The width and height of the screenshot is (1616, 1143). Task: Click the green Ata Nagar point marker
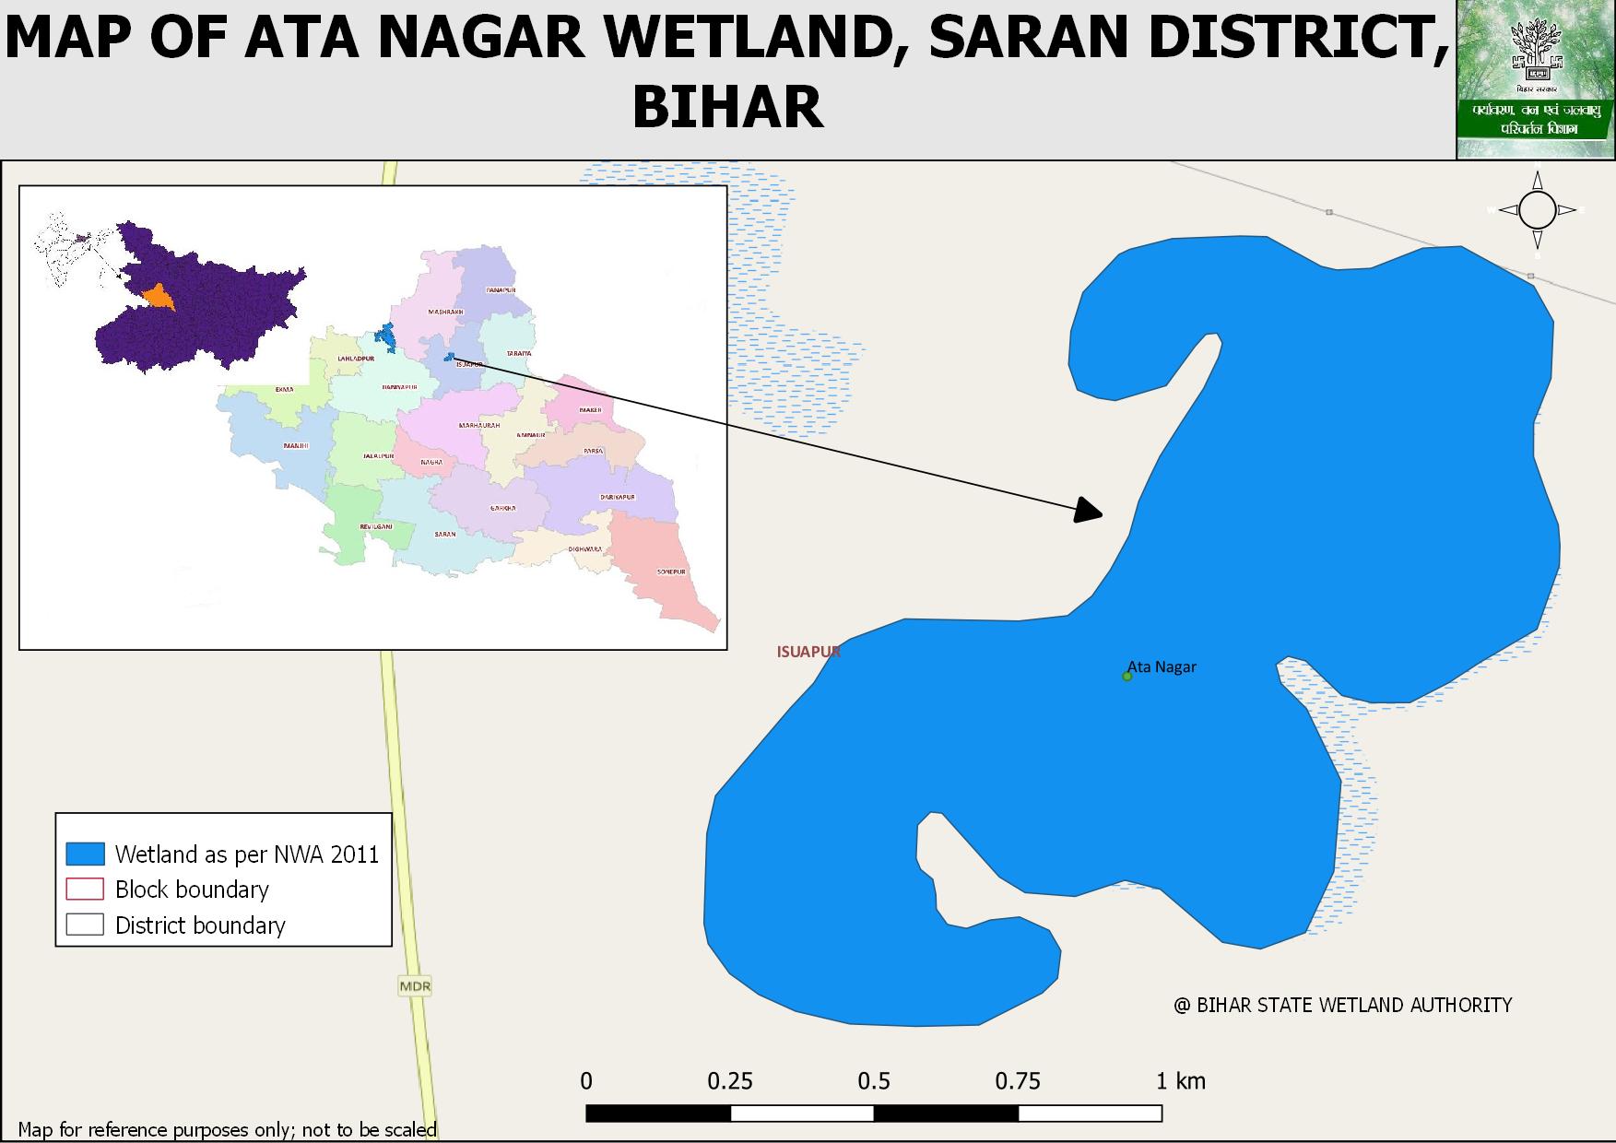[x=1126, y=677]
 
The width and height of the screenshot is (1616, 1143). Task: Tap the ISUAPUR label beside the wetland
[x=808, y=652]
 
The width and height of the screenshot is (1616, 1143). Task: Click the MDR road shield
[x=415, y=986]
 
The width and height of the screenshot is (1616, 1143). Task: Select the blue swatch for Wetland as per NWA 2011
[x=85, y=854]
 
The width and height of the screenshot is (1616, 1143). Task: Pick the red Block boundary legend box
[x=85, y=890]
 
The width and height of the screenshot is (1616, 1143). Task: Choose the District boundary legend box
[x=85, y=925]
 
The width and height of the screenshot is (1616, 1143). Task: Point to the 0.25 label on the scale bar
[x=730, y=1081]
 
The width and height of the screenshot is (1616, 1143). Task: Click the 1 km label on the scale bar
[x=1181, y=1081]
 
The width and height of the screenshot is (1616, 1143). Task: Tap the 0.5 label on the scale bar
[x=874, y=1081]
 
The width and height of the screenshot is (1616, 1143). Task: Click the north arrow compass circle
[x=1537, y=210]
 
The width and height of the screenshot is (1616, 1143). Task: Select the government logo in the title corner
[x=1535, y=79]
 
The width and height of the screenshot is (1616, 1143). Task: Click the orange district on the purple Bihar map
[x=159, y=296]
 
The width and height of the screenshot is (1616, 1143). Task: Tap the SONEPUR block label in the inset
[x=671, y=572]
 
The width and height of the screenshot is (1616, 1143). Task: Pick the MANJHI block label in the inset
[x=296, y=446]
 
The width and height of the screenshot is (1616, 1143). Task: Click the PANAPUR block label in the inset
[x=501, y=290]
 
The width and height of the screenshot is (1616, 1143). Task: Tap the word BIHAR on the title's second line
[x=726, y=107]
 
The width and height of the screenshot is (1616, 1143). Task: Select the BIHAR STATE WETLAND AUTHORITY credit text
[x=1342, y=1005]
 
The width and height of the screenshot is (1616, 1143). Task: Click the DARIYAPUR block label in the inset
[x=618, y=498]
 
